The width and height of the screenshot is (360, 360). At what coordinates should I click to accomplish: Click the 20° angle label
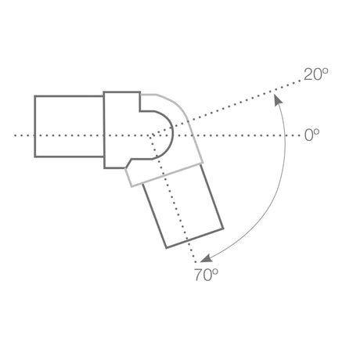pos(316,74)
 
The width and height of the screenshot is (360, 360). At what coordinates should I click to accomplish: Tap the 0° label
pos(312,135)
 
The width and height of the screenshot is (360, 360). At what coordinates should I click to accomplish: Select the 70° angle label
pos(205,274)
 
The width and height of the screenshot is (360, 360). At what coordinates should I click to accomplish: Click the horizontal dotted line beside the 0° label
pos(250,135)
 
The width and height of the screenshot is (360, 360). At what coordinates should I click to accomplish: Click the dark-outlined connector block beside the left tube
pos(121,129)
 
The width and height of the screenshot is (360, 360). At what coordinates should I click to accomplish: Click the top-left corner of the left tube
pos(35,96)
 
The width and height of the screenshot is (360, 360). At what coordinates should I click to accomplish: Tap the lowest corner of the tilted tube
pos(167,248)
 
